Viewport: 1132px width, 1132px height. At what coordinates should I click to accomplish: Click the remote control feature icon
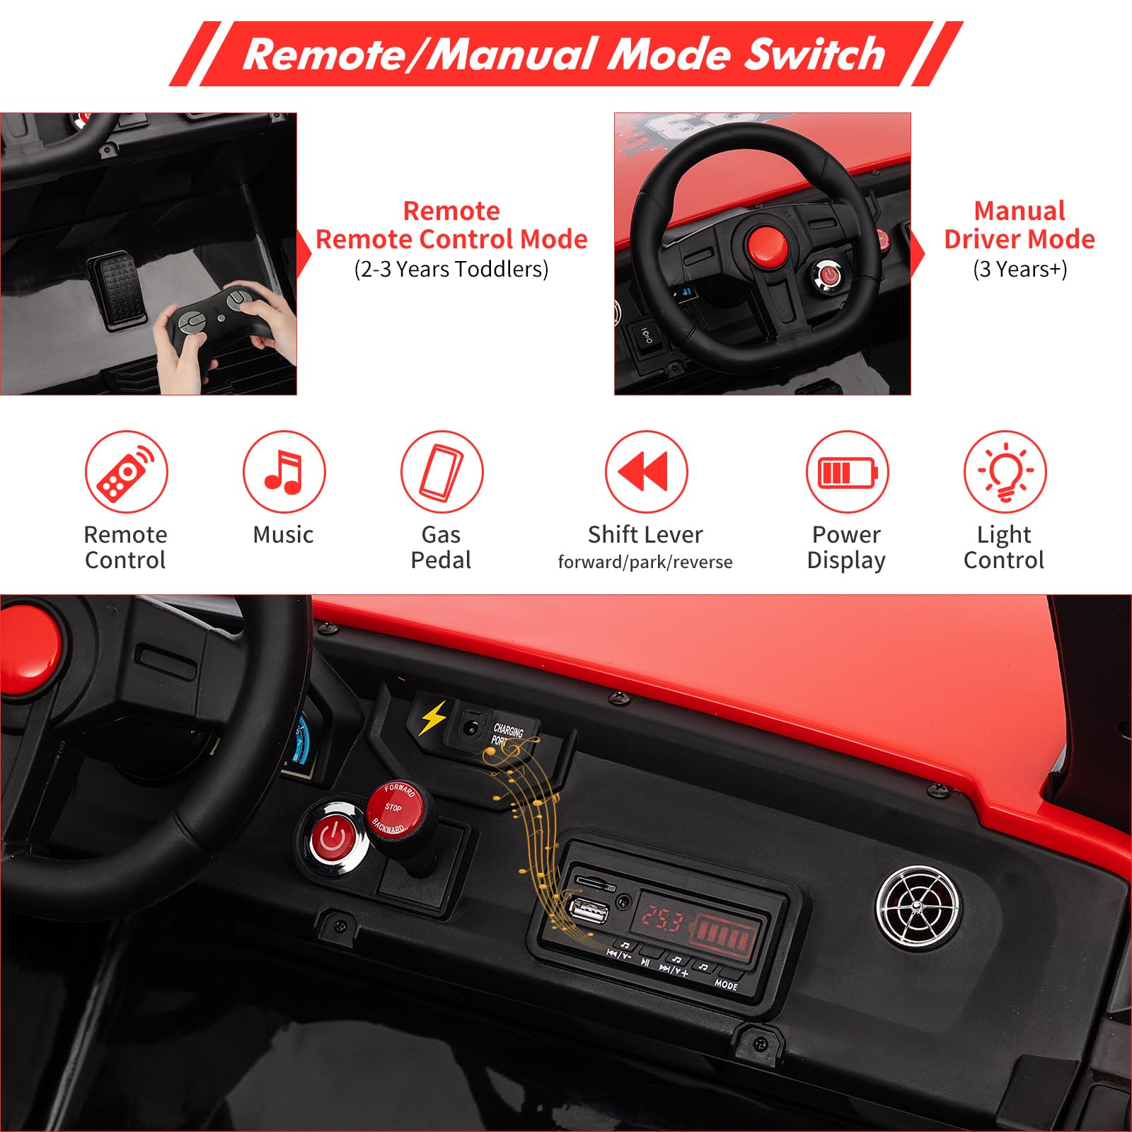[126, 471]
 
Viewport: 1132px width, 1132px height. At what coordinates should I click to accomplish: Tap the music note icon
[284, 471]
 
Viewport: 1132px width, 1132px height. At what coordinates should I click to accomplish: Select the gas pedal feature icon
[441, 471]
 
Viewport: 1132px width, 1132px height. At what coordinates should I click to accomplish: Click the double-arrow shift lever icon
[646, 471]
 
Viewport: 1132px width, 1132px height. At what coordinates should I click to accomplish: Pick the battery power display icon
[847, 471]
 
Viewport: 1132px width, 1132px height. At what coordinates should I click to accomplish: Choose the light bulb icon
[1005, 471]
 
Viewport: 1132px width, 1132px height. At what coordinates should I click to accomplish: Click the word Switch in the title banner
[815, 54]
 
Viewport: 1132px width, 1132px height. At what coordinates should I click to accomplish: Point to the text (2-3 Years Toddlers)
[451, 269]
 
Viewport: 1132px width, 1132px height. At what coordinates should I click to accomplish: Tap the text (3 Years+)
[1020, 269]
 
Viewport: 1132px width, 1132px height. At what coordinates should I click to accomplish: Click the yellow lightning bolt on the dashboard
[433, 717]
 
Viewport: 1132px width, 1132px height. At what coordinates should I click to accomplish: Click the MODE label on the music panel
[726, 984]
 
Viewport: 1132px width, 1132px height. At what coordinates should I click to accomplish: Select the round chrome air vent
[918, 908]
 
